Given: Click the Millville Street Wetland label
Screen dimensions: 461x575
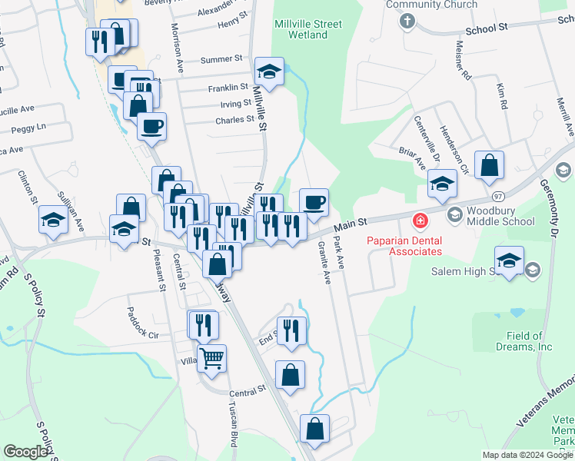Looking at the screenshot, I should (x=307, y=29).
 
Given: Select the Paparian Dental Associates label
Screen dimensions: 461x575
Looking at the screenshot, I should (x=404, y=245).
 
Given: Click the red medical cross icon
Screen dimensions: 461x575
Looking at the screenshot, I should (x=420, y=222).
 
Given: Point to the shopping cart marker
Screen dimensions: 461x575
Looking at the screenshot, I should (x=212, y=357).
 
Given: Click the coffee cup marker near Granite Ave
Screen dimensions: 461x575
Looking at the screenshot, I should (x=314, y=203).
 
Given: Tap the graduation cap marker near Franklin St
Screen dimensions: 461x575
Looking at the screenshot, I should (x=269, y=71).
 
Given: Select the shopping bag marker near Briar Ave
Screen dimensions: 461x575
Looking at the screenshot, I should (x=490, y=164).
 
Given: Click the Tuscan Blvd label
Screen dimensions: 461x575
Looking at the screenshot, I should (x=233, y=423).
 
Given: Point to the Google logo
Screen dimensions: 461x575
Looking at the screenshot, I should (x=26, y=452).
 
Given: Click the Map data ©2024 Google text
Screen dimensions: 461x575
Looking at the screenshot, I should (x=527, y=455).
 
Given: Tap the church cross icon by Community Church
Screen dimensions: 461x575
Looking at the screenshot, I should (x=407, y=21).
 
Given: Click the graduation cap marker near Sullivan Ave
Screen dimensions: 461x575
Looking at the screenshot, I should (x=53, y=220).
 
